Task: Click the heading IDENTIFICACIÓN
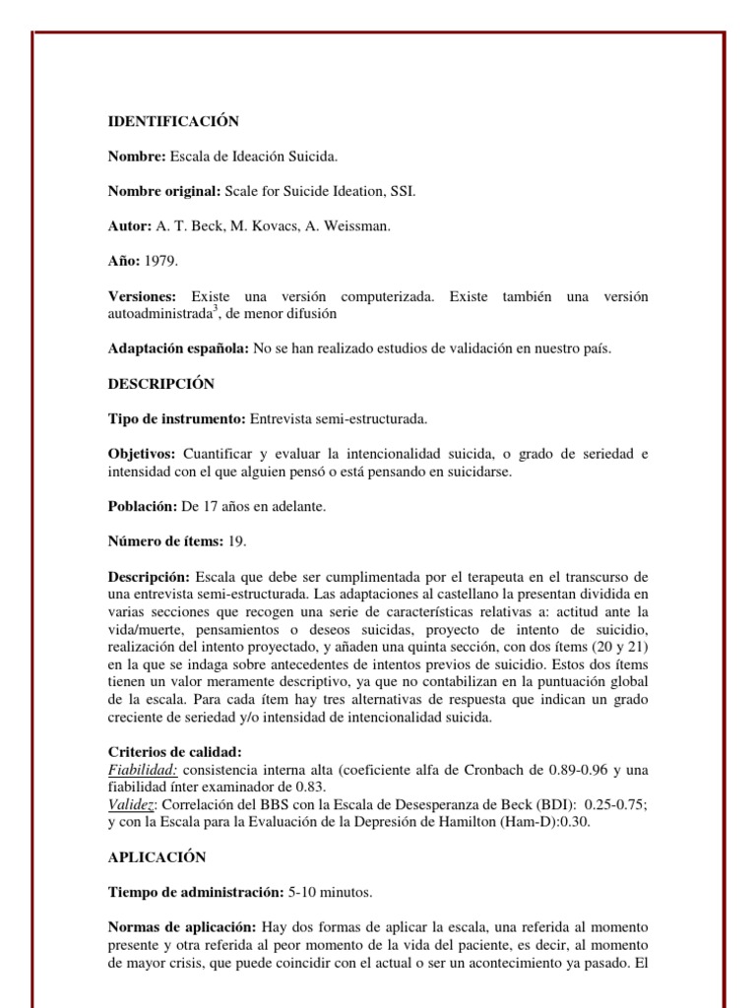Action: (173, 121)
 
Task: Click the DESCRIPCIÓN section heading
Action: (160, 383)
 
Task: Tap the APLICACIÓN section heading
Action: (157, 857)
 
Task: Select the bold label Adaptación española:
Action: (178, 348)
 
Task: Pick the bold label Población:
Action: (142, 506)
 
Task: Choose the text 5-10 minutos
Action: (331, 892)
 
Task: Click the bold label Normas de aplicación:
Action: (181, 927)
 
